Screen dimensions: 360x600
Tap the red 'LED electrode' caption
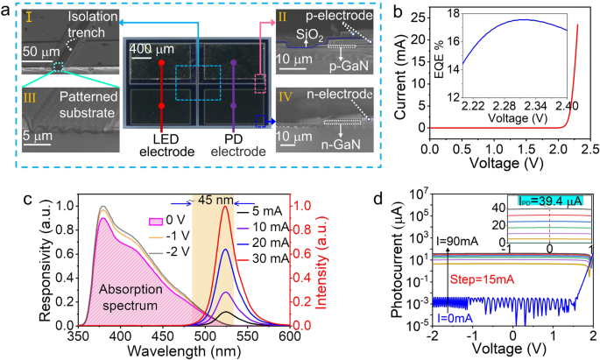pos(164,144)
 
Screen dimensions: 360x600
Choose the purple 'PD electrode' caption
pos(234,144)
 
